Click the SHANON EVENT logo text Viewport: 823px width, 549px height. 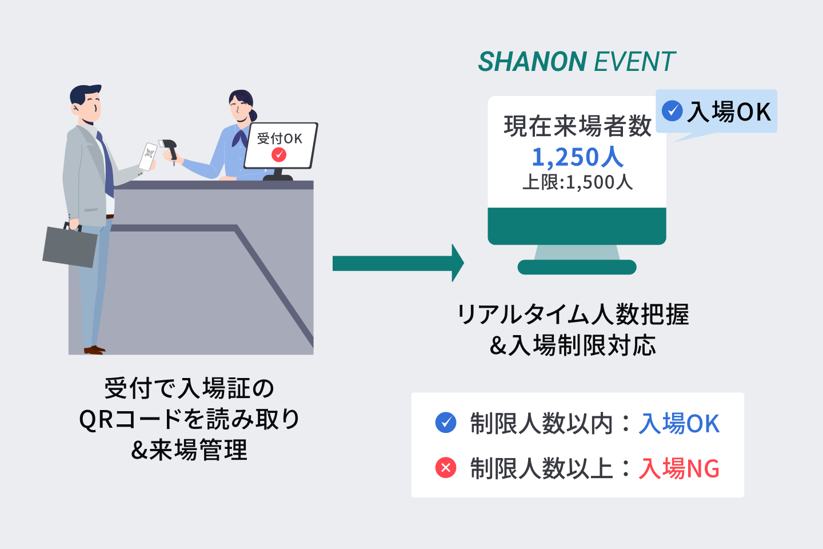point(576,62)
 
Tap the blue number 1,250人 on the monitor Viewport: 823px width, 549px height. point(577,157)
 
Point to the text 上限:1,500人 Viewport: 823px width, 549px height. point(577,182)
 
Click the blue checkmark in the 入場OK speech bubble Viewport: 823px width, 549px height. point(672,110)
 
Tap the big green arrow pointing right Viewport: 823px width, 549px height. point(398,263)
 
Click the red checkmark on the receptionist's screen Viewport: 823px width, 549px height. point(279,154)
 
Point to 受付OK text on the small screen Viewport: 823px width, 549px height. point(279,138)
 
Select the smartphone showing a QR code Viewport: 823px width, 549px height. point(148,156)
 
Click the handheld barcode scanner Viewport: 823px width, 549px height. point(169,149)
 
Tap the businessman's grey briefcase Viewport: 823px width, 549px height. point(70,246)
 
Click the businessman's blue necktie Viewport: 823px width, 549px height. point(106,165)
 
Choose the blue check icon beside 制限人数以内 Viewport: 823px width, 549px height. point(446,423)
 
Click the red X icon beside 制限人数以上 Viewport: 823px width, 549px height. point(446,468)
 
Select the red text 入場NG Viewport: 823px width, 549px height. point(679,468)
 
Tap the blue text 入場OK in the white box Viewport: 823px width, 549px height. point(679,424)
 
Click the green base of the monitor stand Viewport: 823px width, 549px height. point(577,267)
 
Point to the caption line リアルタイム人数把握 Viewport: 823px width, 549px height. point(573,315)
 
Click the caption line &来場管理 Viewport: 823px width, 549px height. point(189,450)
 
